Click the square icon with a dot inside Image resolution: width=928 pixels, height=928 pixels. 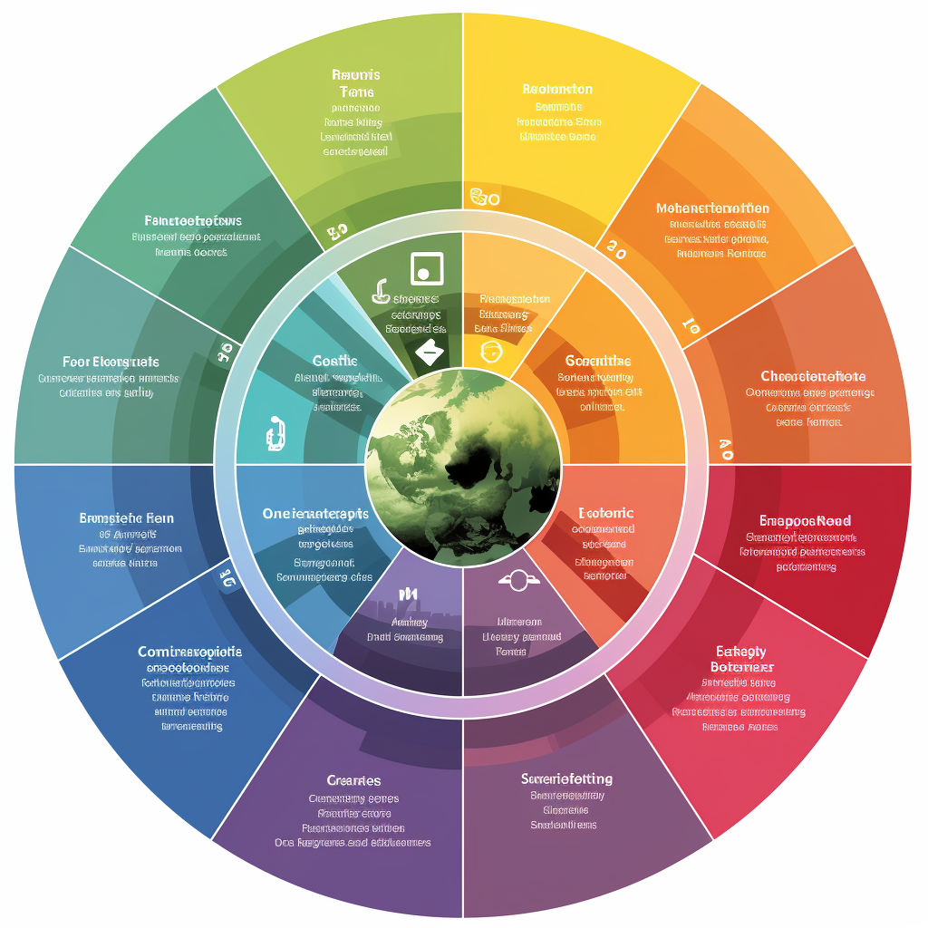[x=427, y=268]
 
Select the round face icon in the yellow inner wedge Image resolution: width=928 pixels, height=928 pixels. [x=490, y=350]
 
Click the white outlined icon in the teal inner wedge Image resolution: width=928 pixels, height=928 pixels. [x=275, y=433]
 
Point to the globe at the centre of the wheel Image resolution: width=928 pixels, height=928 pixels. [x=463, y=465]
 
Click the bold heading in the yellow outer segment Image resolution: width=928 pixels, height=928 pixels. [x=557, y=89]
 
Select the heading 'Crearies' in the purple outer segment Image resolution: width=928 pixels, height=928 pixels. [x=353, y=780]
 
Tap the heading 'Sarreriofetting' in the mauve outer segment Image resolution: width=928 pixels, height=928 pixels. [x=567, y=778]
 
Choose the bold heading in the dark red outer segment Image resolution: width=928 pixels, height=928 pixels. [x=805, y=520]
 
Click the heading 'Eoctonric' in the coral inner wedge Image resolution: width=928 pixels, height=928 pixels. [x=604, y=513]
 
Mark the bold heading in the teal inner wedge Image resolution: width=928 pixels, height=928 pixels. [x=334, y=361]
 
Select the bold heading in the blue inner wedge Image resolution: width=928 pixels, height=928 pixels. [x=316, y=513]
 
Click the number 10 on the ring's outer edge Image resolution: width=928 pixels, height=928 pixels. [x=690, y=326]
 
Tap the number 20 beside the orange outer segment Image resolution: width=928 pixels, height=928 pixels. [x=616, y=252]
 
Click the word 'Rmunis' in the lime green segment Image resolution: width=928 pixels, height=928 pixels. [x=356, y=74]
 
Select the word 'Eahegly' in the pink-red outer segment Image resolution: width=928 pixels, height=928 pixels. [x=741, y=651]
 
